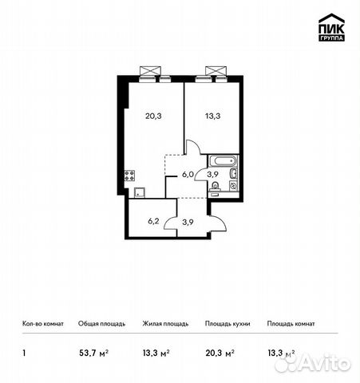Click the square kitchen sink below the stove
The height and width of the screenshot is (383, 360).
(x=138, y=191)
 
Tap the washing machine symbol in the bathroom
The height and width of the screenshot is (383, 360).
(x=231, y=184)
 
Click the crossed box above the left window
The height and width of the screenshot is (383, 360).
(x=149, y=70)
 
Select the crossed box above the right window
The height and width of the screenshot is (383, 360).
(x=213, y=70)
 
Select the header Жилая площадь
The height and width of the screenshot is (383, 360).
(x=165, y=324)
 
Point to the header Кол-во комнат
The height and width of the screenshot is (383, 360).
(x=43, y=324)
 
